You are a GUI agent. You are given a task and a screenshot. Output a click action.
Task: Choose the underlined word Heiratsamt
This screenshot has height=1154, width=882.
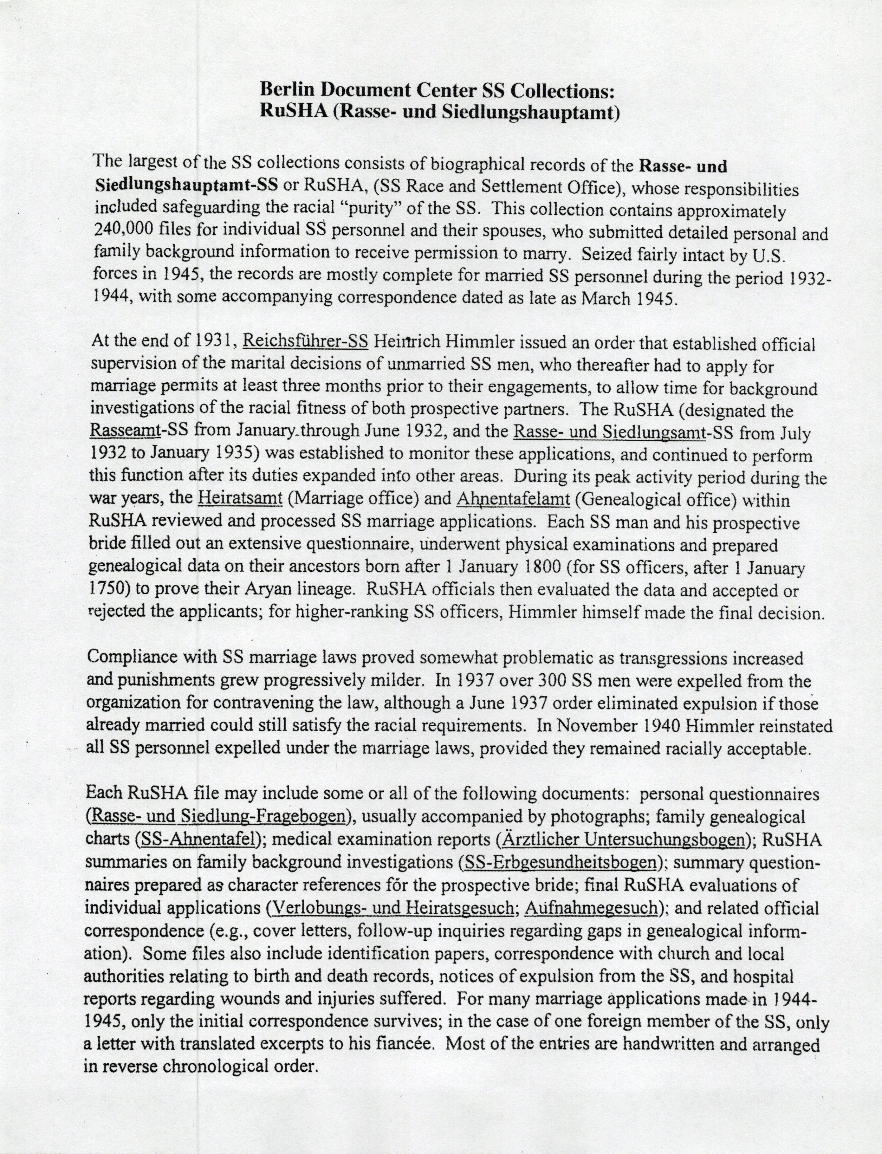(x=241, y=498)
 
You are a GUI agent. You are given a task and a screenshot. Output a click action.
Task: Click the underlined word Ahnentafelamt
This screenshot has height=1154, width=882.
(x=513, y=499)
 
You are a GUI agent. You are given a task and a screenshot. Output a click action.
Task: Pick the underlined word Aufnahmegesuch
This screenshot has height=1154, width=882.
(x=591, y=907)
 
